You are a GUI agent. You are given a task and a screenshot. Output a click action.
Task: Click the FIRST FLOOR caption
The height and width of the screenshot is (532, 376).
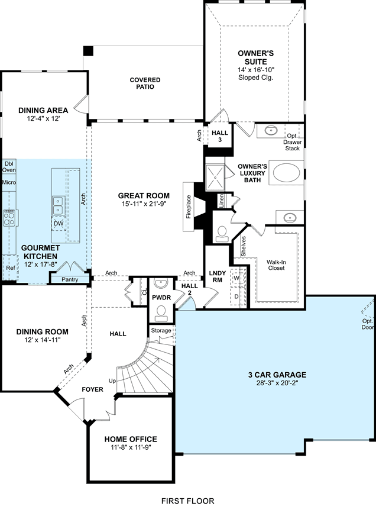pos(187,501)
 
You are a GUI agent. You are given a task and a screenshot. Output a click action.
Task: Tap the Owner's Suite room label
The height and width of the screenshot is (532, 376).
pos(255,57)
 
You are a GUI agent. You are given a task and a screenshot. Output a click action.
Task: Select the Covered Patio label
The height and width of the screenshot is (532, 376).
pos(145,83)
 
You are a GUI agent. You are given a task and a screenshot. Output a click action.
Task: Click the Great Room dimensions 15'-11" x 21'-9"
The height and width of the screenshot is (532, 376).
pos(144,204)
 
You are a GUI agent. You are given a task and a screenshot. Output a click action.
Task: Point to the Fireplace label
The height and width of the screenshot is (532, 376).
pos(189,207)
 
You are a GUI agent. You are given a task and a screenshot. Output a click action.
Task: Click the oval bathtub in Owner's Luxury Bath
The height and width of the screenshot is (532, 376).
pos(287,173)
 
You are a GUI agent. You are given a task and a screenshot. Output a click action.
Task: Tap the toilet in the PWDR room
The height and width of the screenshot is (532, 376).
pos(161,313)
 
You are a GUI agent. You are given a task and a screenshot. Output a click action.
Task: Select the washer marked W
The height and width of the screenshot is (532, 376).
pos(236,278)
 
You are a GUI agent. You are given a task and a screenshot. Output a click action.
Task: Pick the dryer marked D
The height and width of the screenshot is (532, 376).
pos(236,296)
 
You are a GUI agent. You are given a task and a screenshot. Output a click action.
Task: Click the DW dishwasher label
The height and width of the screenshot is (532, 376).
pos(59,224)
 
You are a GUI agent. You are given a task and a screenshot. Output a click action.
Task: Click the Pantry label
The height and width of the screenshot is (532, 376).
pos(70,279)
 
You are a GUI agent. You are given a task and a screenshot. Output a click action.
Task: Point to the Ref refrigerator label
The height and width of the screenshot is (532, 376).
pos(11,267)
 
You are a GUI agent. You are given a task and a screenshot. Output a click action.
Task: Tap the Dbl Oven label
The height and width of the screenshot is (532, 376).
pos(9,167)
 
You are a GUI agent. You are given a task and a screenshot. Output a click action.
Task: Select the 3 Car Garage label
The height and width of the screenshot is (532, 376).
pos(277,375)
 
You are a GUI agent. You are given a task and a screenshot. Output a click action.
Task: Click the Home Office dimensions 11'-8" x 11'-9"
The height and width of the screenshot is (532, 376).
pos(131,447)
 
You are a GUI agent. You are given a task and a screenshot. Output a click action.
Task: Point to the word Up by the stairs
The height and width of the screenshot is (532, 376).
pos(112,381)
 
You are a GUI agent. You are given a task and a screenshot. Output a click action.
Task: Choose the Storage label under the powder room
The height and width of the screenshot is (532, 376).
pos(161,330)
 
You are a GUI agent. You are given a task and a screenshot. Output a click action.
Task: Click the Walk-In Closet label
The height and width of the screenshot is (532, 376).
pos(276,265)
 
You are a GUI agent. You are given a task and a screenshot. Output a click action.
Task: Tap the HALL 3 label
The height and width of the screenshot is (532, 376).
pos(220,136)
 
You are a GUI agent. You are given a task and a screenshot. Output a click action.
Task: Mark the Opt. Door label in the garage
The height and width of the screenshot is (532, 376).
pos(368,324)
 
